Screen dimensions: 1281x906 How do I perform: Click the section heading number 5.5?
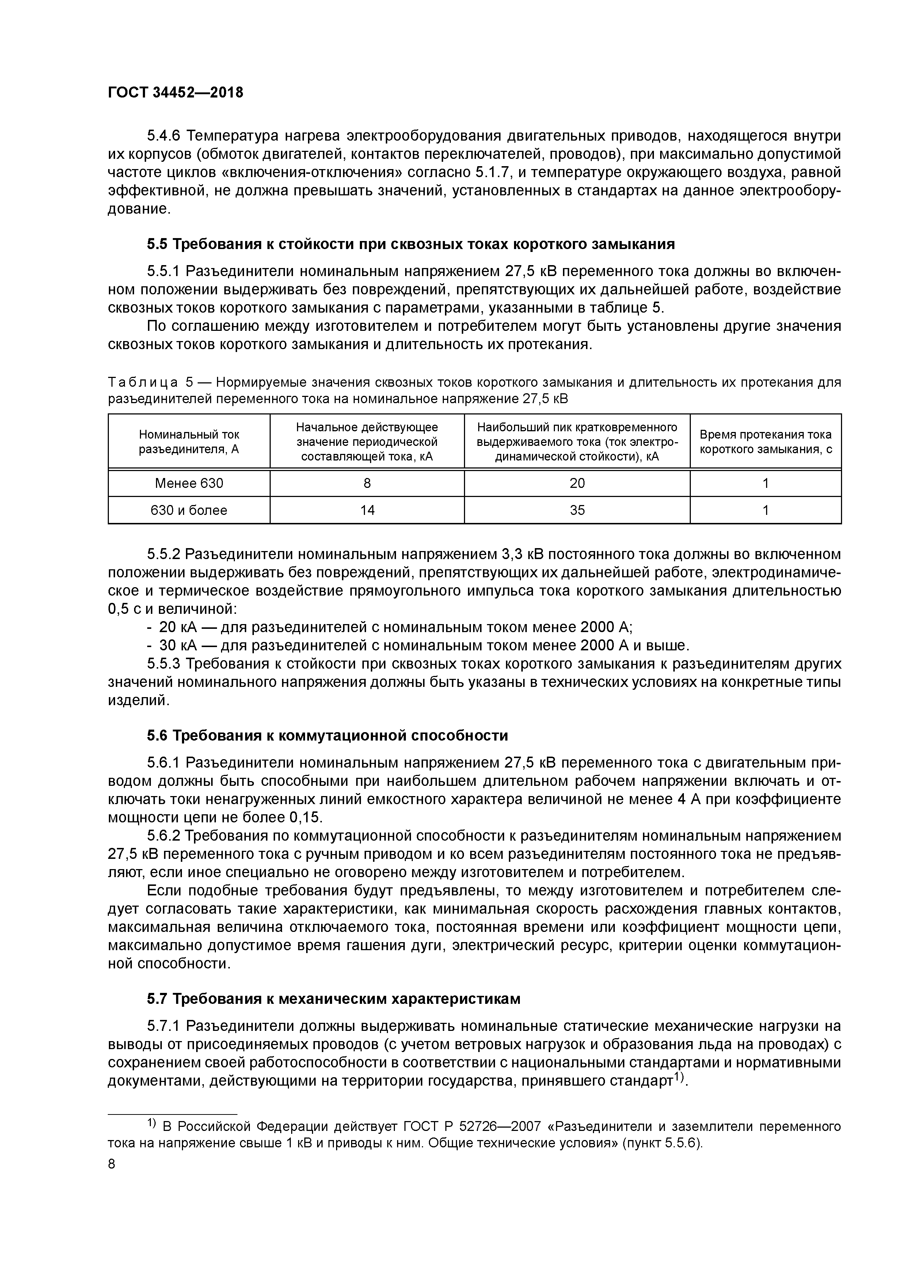[157, 244]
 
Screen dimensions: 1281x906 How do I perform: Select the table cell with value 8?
[367, 483]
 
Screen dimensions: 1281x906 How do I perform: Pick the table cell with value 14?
[367, 510]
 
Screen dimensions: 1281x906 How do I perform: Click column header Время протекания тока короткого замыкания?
[765, 441]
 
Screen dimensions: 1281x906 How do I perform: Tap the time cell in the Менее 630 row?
[765, 483]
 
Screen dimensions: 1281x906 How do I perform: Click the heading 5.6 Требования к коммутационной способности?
[328, 735]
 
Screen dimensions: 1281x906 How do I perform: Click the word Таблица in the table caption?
[143, 383]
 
